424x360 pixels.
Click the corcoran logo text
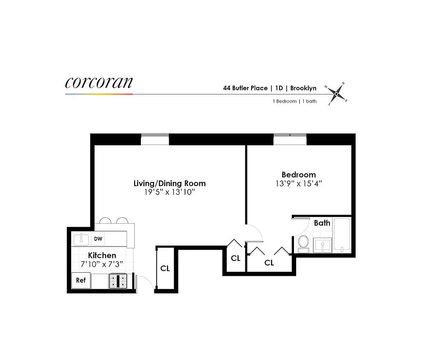click(99, 82)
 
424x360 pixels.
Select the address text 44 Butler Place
click(245, 88)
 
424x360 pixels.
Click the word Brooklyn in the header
click(304, 88)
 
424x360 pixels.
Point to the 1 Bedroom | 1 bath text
click(294, 101)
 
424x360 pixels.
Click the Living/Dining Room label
click(169, 183)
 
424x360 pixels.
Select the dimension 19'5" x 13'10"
click(169, 193)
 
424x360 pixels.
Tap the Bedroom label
click(298, 175)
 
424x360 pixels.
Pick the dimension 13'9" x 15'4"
click(298, 184)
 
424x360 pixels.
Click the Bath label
click(322, 223)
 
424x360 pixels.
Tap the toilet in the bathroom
click(303, 243)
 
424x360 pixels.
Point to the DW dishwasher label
click(98, 239)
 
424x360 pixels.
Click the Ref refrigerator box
click(81, 280)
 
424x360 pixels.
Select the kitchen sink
click(81, 238)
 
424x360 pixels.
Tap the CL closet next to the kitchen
click(165, 268)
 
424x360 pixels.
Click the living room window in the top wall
click(155, 140)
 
